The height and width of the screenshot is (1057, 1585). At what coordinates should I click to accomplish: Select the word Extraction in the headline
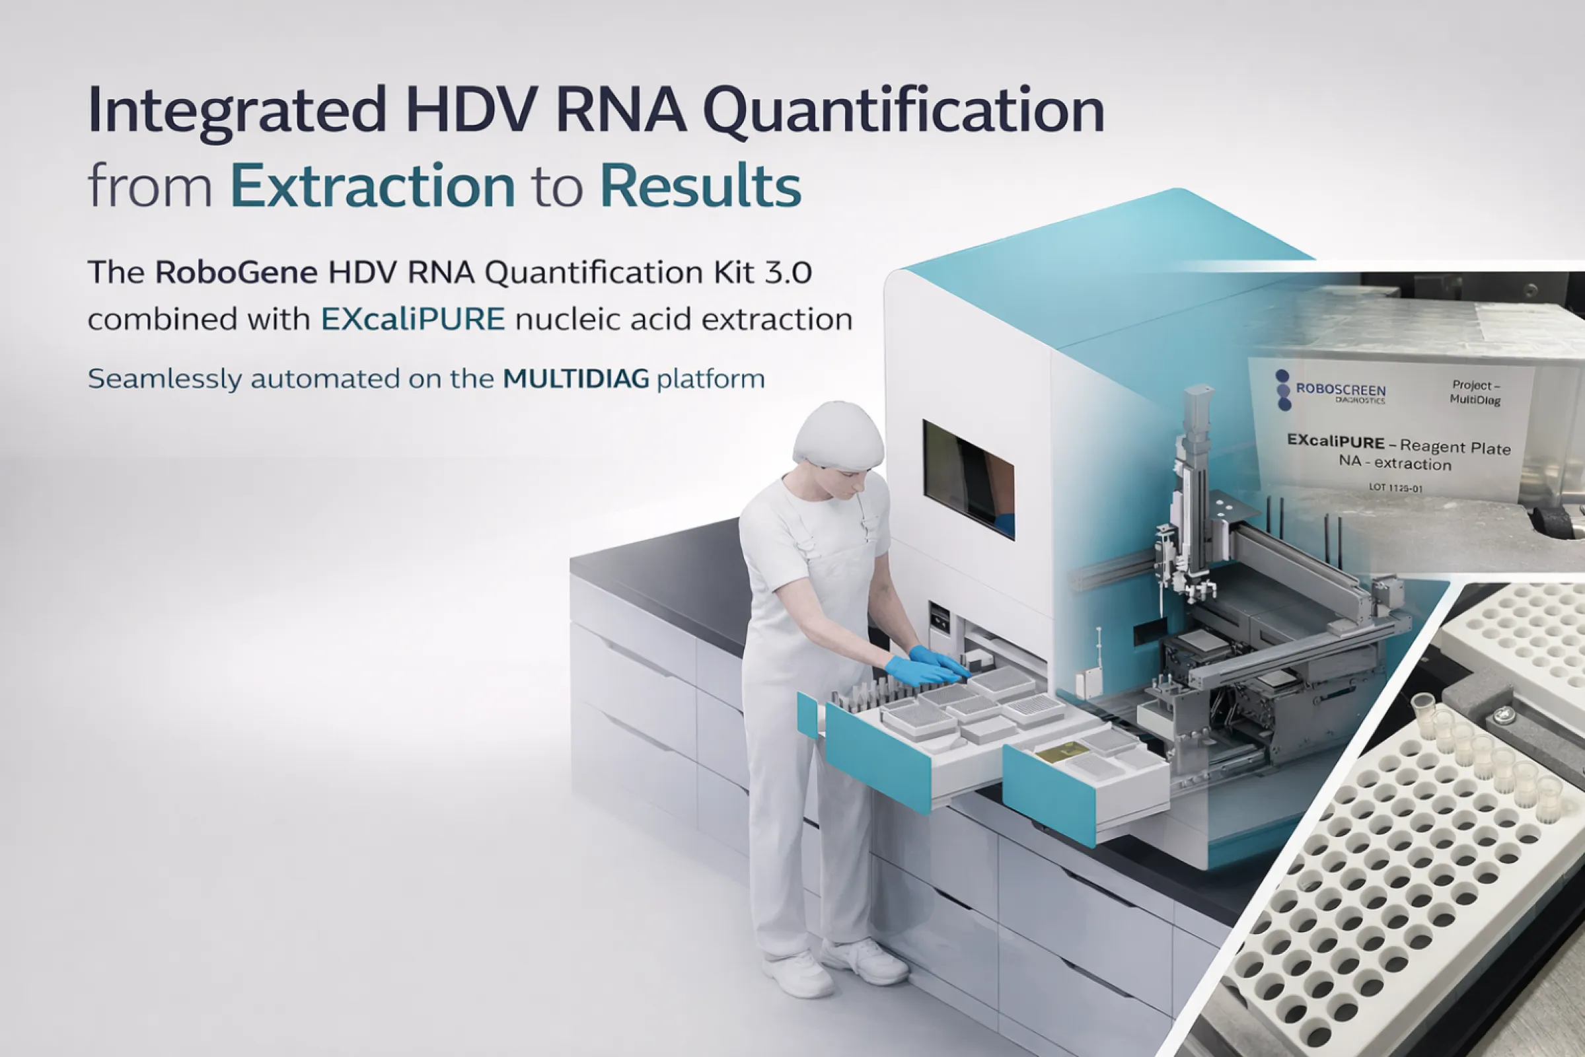tap(373, 186)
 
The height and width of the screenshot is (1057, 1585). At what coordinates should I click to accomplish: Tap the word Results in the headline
tap(700, 186)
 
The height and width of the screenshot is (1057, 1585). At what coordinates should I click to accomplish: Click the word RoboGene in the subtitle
tap(236, 273)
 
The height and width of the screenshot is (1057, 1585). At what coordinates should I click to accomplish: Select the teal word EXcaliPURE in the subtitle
tap(412, 320)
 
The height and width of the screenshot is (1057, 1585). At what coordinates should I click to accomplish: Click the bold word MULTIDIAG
tap(575, 379)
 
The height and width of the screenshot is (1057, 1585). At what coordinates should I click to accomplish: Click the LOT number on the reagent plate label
tap(1395, 487)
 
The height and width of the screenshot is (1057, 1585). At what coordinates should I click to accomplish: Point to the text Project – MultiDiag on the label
tap(1475, 392)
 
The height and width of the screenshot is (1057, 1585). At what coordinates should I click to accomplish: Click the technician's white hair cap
tap(838, 435)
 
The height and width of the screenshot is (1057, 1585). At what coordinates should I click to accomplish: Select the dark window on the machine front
tap(968, 478)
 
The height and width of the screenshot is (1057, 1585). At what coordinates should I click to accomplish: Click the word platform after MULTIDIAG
tap(711, 379)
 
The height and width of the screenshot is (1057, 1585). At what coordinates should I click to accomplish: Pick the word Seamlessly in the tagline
tap(165, 379)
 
